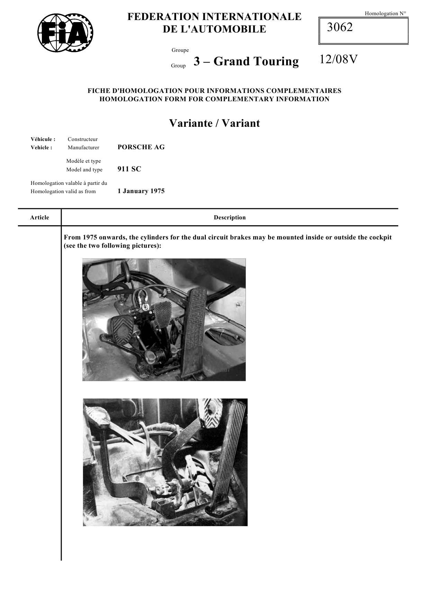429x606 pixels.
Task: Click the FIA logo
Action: (65, 33)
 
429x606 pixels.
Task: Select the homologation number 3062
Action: (340, 27)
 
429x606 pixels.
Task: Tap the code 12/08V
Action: (338, 60)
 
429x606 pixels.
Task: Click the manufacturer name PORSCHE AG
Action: (141, 147)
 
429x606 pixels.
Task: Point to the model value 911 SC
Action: (129, 169)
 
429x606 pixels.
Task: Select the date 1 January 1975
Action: (141, 191)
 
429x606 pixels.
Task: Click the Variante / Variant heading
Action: (214, 123)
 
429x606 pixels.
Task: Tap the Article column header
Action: (39, 218)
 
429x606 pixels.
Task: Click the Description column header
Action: (229, 218)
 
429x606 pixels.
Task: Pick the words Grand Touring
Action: (256, 61)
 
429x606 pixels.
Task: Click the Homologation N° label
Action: (385, 14)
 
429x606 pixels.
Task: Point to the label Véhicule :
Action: (43, 139)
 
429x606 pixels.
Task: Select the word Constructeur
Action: (83, 139)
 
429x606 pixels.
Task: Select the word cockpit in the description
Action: (380, 237)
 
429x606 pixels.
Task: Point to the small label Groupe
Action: (180, 50)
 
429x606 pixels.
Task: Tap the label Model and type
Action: (84, 170)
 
